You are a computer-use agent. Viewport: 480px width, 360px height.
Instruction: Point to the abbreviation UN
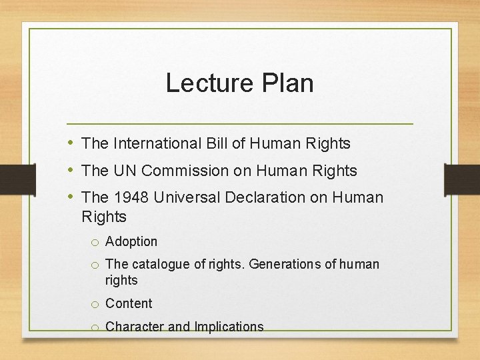(124, 171)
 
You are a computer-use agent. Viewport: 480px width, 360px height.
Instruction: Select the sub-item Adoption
(131, 241)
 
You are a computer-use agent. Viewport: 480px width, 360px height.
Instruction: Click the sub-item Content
(129, 303)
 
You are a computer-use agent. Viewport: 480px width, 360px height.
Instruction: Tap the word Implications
(229, 327)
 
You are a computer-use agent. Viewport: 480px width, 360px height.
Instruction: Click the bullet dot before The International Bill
(71, 143)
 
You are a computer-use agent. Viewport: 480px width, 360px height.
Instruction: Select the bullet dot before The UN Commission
(71, 171)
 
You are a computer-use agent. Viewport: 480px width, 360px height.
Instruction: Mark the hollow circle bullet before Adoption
(96, 243)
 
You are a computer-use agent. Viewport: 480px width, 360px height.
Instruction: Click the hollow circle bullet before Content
(96, 305)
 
